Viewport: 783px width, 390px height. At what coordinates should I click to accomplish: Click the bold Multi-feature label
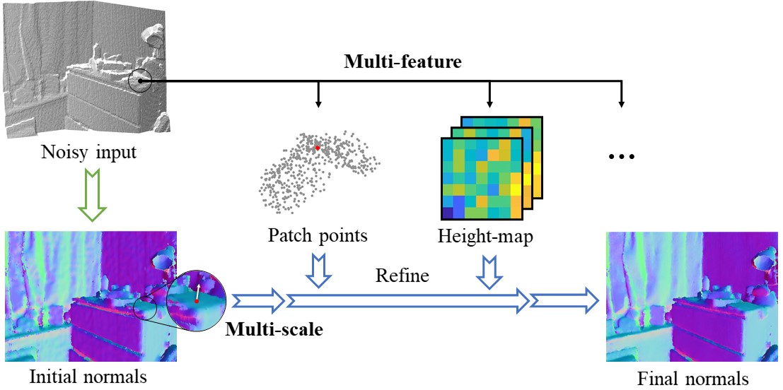[x=402, y=61]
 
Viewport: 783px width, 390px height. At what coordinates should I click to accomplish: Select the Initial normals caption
[x=88, y=377]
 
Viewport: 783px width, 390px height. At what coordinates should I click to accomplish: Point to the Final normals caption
[x=692, y=379]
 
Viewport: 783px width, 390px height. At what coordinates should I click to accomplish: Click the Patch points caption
[x=318, y=235]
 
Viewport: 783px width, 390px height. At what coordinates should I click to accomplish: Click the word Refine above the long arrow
[x=402, y=275]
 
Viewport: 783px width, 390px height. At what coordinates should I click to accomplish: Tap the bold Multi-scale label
[x=274, y=328]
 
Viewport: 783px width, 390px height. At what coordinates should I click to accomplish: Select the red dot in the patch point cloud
[x=318, y=147]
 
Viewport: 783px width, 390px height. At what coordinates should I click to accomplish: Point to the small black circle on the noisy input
[x=141, y=81]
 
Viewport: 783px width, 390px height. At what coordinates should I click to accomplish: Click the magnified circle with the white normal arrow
[x=195, y=296]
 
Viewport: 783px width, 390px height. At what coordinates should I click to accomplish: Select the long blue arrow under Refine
[x=407, y=301]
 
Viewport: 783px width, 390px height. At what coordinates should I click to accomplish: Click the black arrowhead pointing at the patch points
[x=318, y=105]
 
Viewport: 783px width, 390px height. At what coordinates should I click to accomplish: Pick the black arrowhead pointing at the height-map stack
[x=489, y=105]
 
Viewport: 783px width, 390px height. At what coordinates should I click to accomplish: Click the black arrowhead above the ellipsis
[x=622, y=105]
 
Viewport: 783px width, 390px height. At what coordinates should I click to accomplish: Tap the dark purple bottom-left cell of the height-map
[x=447, y=212]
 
